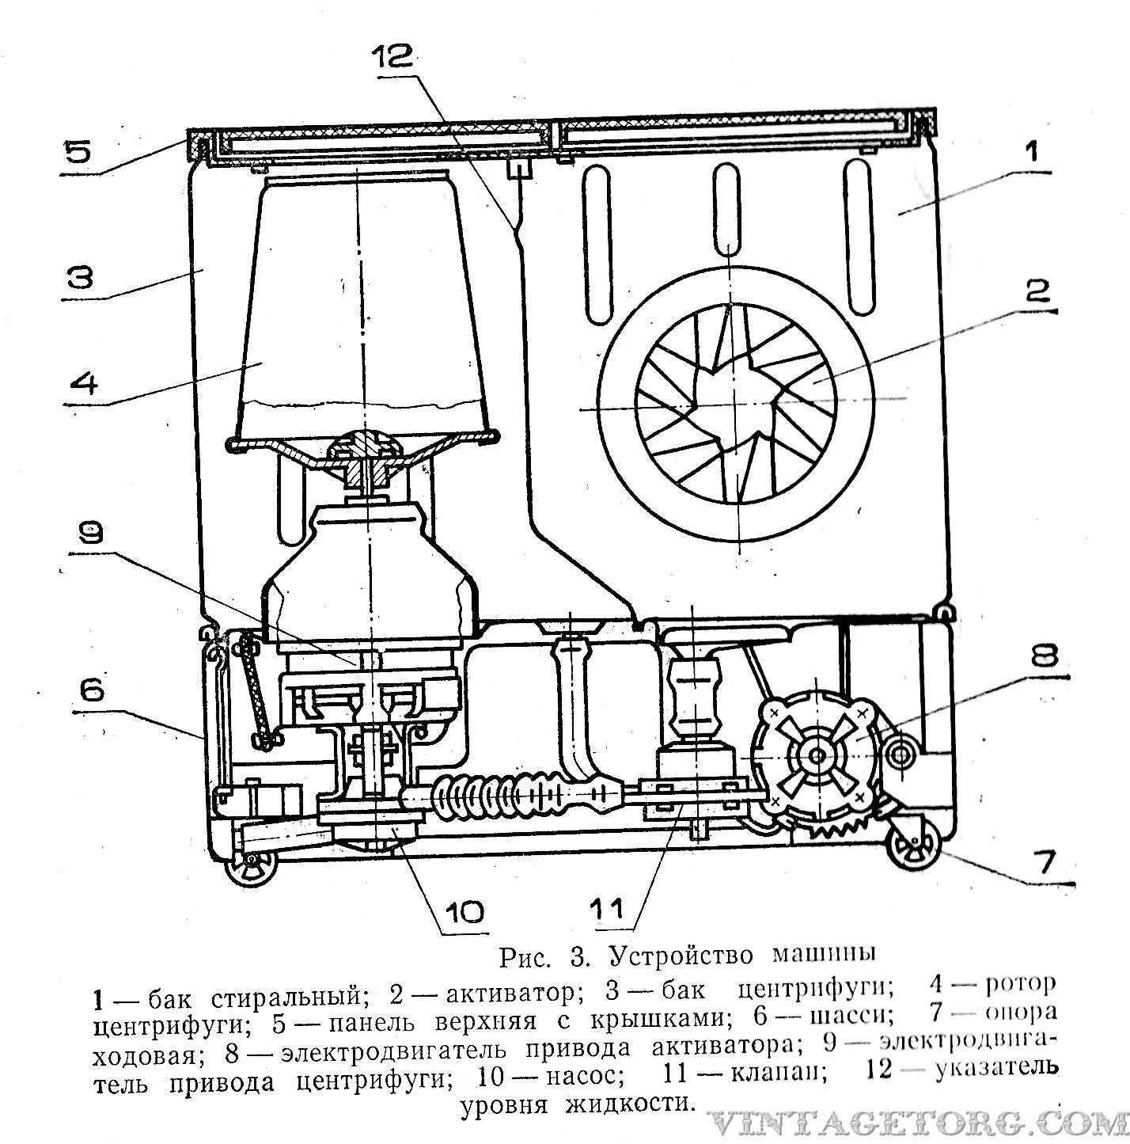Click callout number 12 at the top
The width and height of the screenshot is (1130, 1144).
click(x=392, y=58)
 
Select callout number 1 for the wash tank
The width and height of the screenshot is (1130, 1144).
click(x=1033, y=151)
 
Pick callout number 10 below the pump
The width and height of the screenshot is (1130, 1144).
click(x=464, y=912)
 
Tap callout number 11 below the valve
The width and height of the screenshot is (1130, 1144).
click(x=606, y=909)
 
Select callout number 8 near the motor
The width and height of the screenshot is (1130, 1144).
click(x=1045, y=656)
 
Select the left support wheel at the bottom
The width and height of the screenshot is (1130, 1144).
click(x=251, y=870)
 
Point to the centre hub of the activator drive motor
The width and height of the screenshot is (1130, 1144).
click(x=817, y=756)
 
